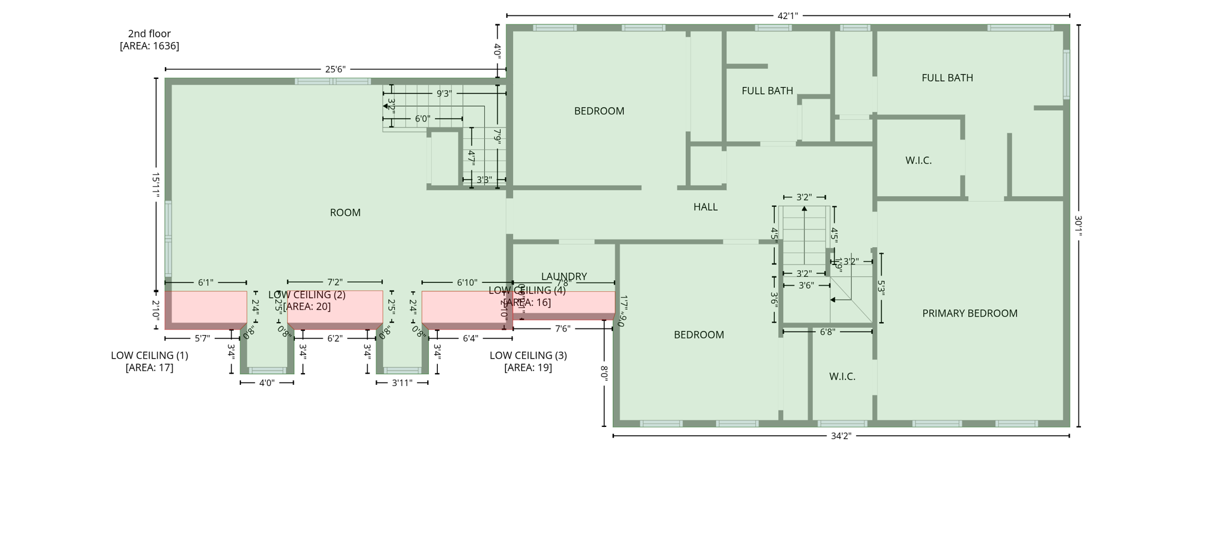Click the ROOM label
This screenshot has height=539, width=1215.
pos(345,212)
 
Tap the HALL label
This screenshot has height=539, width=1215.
pos(705,207)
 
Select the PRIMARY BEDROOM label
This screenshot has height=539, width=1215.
pos(969,313)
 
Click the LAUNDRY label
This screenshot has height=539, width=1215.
pos(564,276)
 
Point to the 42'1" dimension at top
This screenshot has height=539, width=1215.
pos(787,16)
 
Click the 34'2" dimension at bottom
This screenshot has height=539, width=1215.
pos(841,436)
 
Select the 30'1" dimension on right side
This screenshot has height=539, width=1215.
pos(1078,226)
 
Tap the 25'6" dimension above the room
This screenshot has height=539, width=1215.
pos(335,69)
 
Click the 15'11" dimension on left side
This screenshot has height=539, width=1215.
pos(155,185)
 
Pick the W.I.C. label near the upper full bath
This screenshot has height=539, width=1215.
pos(918,160)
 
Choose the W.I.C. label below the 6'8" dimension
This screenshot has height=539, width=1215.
pos(842,377)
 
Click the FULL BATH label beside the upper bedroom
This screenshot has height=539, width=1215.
pos(767,91)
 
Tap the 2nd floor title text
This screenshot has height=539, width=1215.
pos(149,34)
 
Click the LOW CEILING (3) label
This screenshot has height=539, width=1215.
pos(528,355)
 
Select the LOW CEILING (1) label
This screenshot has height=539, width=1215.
pos(150,355)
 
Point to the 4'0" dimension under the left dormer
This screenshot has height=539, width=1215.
pos(267,383)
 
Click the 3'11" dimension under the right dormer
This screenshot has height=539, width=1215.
pos(402,383)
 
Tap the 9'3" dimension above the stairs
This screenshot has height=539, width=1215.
pos(444,94)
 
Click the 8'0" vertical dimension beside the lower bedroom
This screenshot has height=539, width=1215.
pos(604,373)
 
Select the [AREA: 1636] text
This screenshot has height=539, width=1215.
pos(149,46)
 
